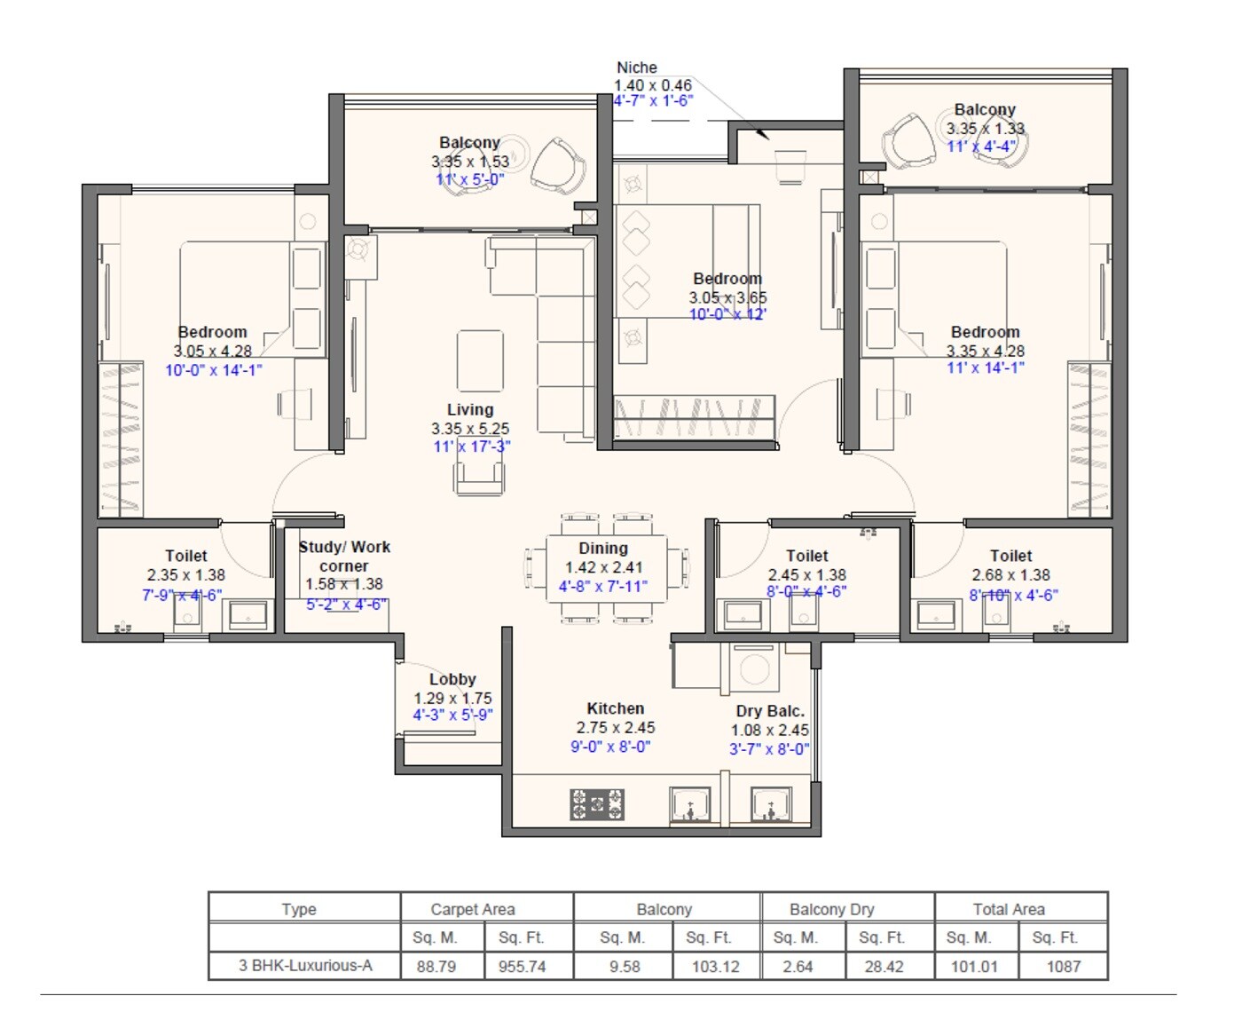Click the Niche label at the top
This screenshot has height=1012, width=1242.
pos(636,67)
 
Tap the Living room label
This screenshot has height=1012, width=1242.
pos(469,409)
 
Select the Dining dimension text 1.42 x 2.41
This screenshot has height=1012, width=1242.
pos(603,567)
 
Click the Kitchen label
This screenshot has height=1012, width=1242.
pos(615,708)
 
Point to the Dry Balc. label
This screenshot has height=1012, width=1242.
pos(769,711)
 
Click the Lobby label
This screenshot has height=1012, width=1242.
pos(452,679)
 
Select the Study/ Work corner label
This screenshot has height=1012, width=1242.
pos(344,556)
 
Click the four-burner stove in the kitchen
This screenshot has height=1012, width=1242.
pos(596,804)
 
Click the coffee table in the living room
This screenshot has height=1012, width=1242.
pos(480,360)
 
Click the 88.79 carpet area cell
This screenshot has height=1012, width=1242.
pos(436,967)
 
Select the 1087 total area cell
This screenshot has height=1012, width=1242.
pos(1063,967)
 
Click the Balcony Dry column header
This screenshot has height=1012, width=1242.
pos(831,909)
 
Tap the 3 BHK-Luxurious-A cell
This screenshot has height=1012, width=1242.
pos(304,966)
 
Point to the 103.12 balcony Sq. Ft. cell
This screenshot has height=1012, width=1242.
pos(715,967)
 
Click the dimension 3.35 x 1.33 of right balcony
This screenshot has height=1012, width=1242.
pos(985,128)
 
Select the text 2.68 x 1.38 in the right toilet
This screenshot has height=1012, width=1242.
pos(1010,575)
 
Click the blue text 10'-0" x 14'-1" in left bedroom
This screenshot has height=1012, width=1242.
pos(213,370)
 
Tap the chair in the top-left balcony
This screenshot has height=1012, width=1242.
pos(558,165)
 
